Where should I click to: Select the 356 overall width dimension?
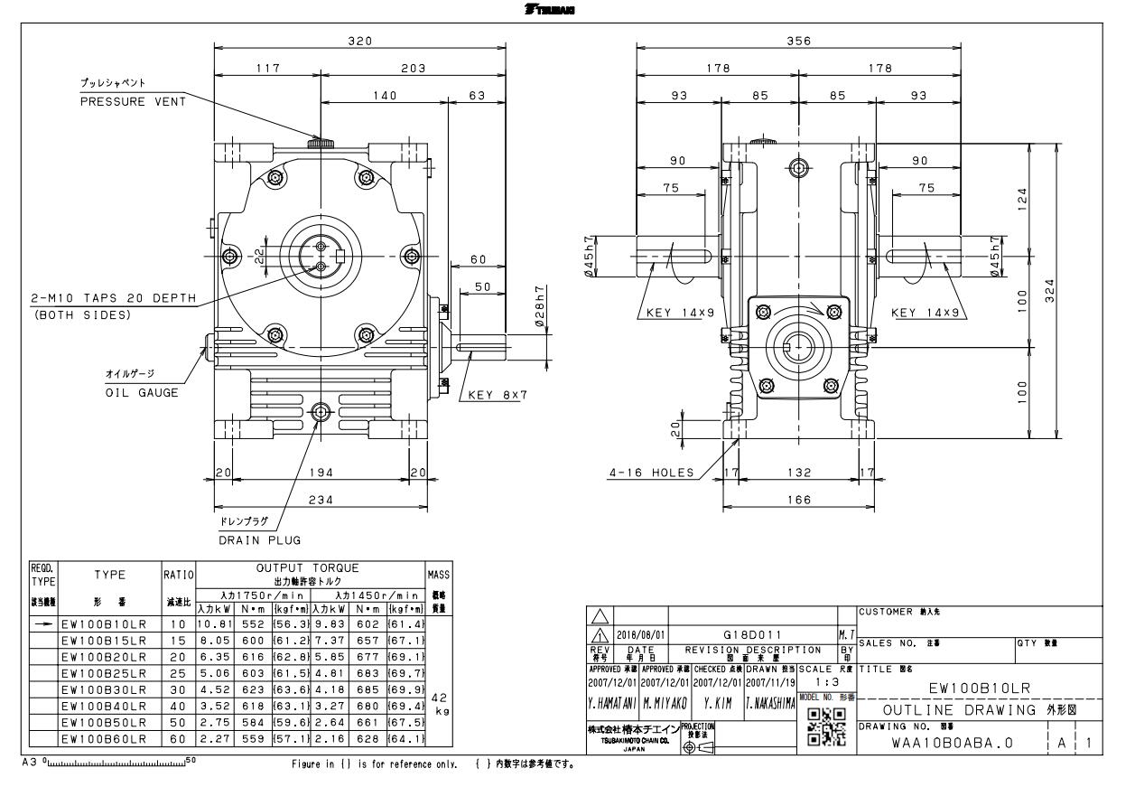798,41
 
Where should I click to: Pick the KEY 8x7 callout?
497,394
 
